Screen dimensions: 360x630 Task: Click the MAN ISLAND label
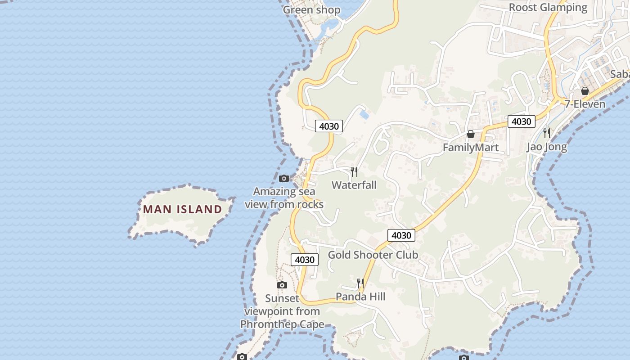point(183,209)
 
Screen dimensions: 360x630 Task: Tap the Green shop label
point(311,10)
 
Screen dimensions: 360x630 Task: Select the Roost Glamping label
point(548,8)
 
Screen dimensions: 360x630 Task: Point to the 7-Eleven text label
point(585,104)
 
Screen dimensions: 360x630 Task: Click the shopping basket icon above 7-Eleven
point(585,91)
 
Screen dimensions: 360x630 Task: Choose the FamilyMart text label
point(470,148)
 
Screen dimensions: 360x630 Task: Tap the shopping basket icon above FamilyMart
point(471,134)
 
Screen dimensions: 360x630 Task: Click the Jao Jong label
point(547,147)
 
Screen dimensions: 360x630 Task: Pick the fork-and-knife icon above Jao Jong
point(547,133)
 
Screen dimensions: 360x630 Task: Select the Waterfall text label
point(354,185)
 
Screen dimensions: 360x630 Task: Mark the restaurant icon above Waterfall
point(354,171)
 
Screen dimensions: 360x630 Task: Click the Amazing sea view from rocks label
point(284,198)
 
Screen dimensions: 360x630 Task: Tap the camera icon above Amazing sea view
point(284,179)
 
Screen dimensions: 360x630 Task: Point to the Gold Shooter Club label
point(373,255)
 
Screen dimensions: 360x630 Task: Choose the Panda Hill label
point(360,297)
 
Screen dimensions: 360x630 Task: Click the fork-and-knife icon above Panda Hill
point(360,283)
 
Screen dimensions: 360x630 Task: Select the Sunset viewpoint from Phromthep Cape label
point(282,311)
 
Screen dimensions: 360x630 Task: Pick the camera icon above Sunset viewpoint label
point(282,285)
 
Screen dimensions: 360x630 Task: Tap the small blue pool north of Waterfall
point(364,115)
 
